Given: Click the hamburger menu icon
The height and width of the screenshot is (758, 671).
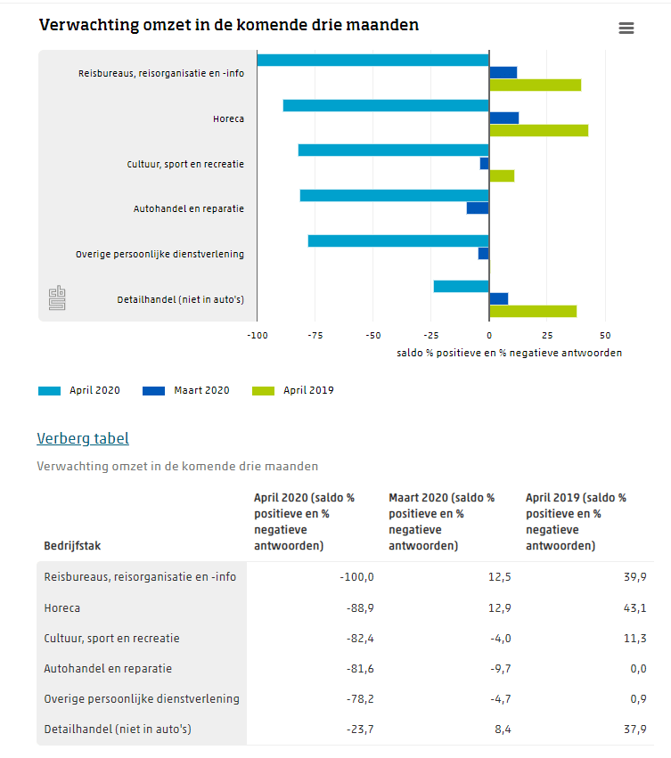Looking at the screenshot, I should click(x=626, y=29).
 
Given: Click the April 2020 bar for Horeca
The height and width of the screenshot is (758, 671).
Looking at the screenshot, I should click(x=386, y=106).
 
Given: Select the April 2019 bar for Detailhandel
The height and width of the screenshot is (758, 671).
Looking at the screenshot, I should click(x=533, y=311).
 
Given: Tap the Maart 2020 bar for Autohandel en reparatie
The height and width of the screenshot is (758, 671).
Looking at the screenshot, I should click(x=478, y=208).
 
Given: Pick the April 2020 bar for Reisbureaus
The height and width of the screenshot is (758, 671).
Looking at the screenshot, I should click(x=372, y=61).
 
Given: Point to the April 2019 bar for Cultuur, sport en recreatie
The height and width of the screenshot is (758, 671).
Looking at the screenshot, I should click(x=502, y=175).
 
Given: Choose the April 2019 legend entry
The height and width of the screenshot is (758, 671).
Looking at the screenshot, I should click(x=293, y=390).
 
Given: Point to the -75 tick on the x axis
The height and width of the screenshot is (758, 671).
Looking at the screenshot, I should click(x=315, y=336).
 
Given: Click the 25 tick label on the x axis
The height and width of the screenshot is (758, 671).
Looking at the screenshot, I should click(x=547, y=336).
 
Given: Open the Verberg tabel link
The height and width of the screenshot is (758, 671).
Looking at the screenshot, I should click(x=83, y=438).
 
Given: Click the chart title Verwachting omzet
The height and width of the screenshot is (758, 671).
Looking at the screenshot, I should click(x=229, y=26).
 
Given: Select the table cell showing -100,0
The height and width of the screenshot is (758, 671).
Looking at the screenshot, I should click(x=356, y=577).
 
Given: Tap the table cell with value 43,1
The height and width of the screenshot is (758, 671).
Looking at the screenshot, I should click(x=634, y=608).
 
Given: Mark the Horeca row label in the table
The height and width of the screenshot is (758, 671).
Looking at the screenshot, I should click(x=62, y=608).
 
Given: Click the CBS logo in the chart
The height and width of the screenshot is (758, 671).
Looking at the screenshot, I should click(x=57, y=299).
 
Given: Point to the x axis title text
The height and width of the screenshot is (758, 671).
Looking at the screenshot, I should click(x=509, y=353).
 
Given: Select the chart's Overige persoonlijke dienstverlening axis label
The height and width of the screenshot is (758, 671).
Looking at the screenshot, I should click(x=160, y=255).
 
